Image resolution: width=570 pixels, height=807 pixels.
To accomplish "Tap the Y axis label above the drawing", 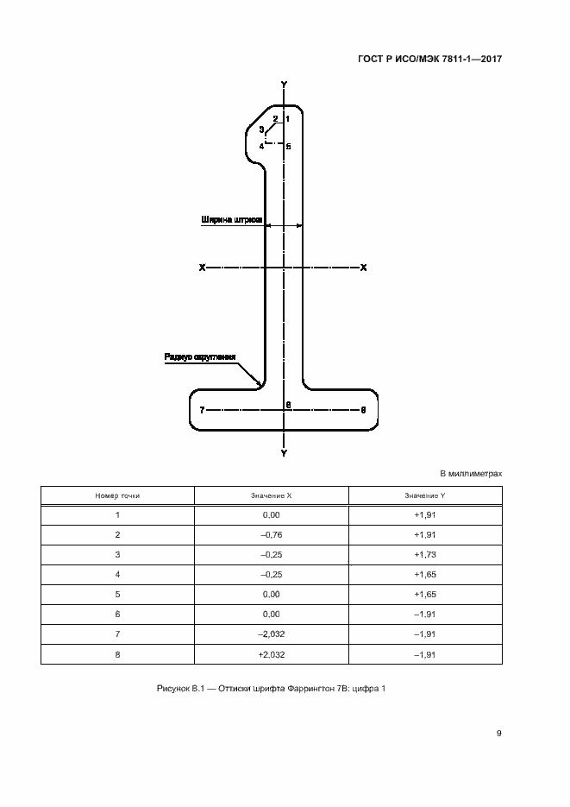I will click(x=285, y=85).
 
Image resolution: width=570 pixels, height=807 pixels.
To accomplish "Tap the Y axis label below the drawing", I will click(x=285, y=452).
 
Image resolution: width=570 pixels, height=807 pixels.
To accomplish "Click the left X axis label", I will click(x=202, y=268).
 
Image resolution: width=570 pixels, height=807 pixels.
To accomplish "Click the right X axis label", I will click(x=364, y=268).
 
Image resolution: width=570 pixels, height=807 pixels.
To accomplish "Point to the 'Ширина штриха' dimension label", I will click(x=230, y=219).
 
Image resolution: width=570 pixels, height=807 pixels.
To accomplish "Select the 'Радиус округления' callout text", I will click(x=199, y=356).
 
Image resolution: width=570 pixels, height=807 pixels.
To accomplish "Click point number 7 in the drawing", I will click(x=202, y=410).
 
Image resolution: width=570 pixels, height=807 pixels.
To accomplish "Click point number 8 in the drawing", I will click(x=364, y=410).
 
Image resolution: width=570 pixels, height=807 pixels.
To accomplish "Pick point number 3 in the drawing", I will click(x=261, y=129).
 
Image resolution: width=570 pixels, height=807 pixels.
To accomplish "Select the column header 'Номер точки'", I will click(x=117, y=496).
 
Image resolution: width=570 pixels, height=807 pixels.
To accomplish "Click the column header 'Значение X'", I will click(x=271, y=496).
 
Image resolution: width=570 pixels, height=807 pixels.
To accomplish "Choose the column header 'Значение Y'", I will click(x=424, y=496).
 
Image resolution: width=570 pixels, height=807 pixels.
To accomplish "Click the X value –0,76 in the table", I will click(x=271, y=534).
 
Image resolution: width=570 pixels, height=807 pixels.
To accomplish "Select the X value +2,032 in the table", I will click(x=271, y=654).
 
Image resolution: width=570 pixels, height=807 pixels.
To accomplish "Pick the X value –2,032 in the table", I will click(x=271, y=634).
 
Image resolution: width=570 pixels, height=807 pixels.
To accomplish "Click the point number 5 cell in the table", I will click(x=117, y=595).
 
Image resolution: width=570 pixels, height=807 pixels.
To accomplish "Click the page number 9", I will click(x=499, y=734).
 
